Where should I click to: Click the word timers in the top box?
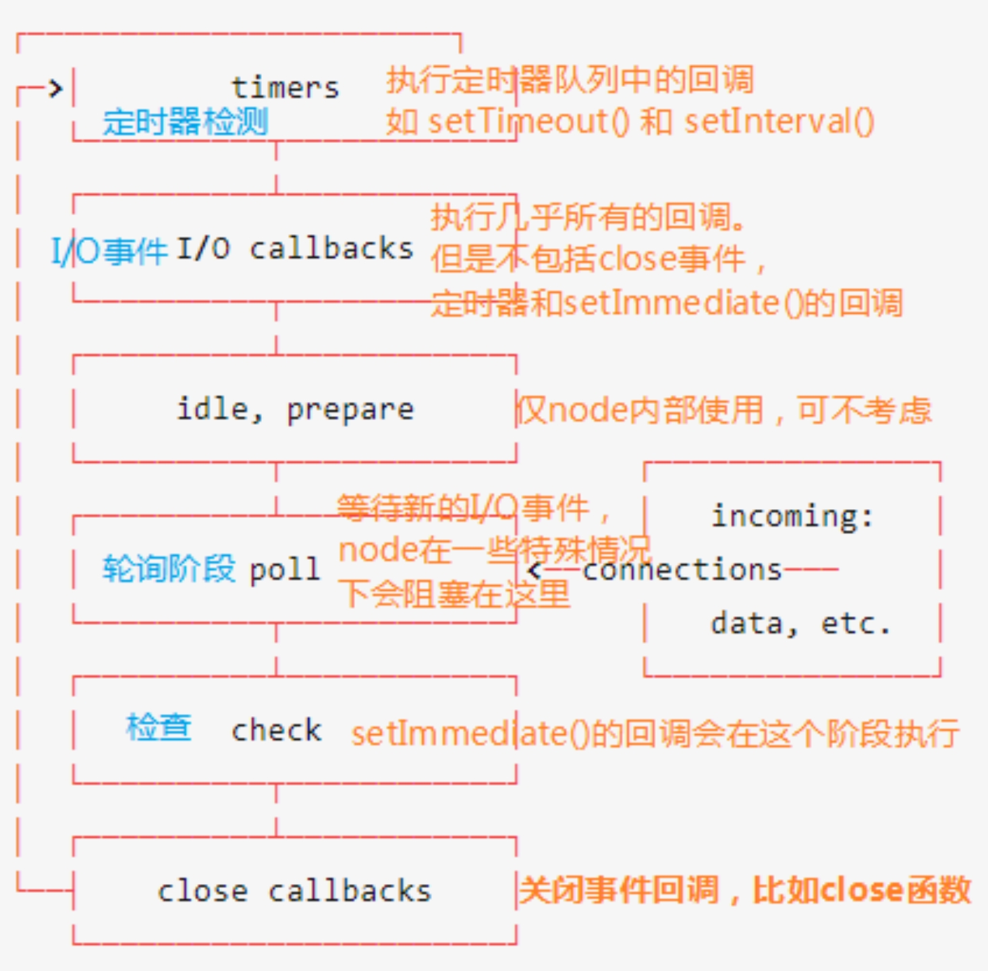click(285, 88)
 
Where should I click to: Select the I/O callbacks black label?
click(295, 249)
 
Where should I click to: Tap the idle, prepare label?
click(295, 409)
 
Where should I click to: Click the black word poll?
click(284, 570)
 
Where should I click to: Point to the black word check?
click(276, 730)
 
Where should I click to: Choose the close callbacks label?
click(294, 891)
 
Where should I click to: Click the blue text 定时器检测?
click(185, 122)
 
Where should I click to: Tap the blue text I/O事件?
click(109, 251)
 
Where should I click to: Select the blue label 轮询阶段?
click(169, 568)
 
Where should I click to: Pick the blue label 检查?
click(159, 728)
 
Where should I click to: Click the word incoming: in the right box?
click(792, 517)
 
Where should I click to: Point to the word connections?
click(682, 570)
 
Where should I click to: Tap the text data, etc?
click(800, 624)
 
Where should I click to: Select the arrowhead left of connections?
click(534, 570)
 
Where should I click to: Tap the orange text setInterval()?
click(779, 122)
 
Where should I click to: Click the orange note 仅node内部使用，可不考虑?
click(723, 410)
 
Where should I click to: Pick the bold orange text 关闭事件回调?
click(619, 890)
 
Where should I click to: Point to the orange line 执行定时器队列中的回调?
click(570, 80)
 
